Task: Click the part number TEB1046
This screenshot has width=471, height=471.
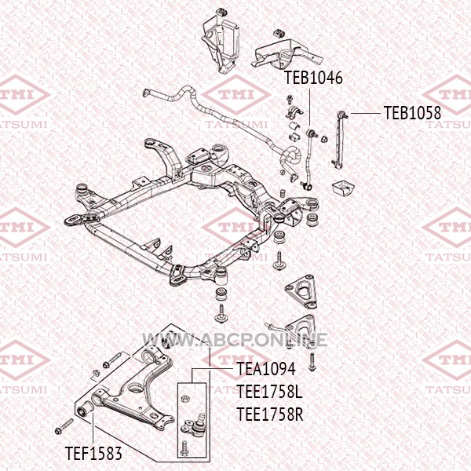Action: pos(313,78)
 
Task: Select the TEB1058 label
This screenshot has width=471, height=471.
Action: pos(412,113)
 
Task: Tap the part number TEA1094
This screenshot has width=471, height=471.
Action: pos(266,369)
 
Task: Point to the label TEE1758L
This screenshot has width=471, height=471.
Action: pos(269,392)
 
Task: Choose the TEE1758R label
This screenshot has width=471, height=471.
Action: pos(270,414)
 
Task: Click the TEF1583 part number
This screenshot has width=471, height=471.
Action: pos(93,453)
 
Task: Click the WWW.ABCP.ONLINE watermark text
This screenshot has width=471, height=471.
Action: pos(235,340)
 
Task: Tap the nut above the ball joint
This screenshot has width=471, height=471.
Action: pos(185,399)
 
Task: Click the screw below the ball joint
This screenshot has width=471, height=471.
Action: pos(184,447)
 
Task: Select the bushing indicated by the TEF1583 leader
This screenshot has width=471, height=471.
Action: pos(84,408)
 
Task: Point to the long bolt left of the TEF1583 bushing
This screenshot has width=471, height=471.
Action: pos(64,426)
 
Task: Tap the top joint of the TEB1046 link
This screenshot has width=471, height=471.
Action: pos(311,132)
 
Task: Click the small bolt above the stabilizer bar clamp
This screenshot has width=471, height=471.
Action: pos(290,100)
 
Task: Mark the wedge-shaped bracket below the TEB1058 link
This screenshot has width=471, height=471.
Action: pos(343,187)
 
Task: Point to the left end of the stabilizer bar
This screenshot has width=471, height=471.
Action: pos(146,93)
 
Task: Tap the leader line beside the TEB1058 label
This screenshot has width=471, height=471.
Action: pos(365,113)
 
